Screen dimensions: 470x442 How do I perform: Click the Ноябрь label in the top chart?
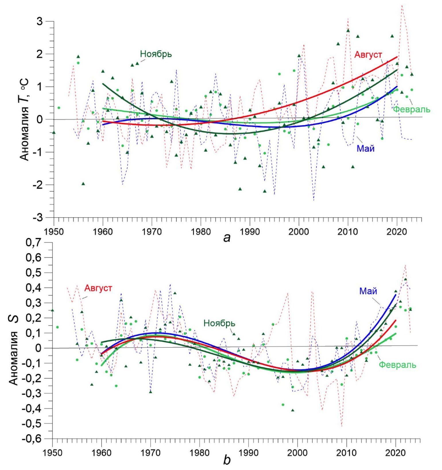click(x=156, y=54)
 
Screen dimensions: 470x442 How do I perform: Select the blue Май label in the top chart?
click(x=365, y=148)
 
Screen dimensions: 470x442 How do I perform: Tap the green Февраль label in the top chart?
click(x=411, y=109)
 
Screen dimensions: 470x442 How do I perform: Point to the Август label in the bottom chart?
click(x=98, y=288)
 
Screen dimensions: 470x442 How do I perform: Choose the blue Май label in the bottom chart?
click(x=368, y=291)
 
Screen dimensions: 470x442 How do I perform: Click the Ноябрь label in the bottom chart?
click(x=219, y=323)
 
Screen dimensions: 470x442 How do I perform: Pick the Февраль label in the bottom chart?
click(x=397, y=365)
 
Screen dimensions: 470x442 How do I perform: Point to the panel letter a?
click(x=227, y=237)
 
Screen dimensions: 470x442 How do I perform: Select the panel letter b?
click(x=227, y=460)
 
